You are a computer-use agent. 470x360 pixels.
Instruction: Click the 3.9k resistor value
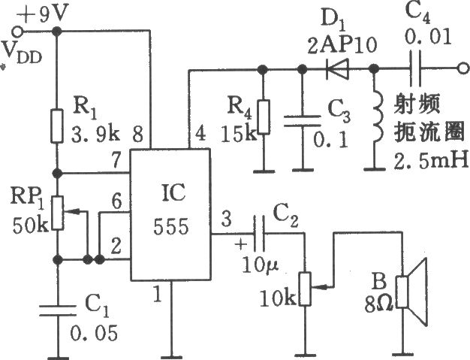(x=95, y=137)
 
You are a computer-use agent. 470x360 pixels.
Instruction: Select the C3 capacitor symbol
(x=303, y=122)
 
